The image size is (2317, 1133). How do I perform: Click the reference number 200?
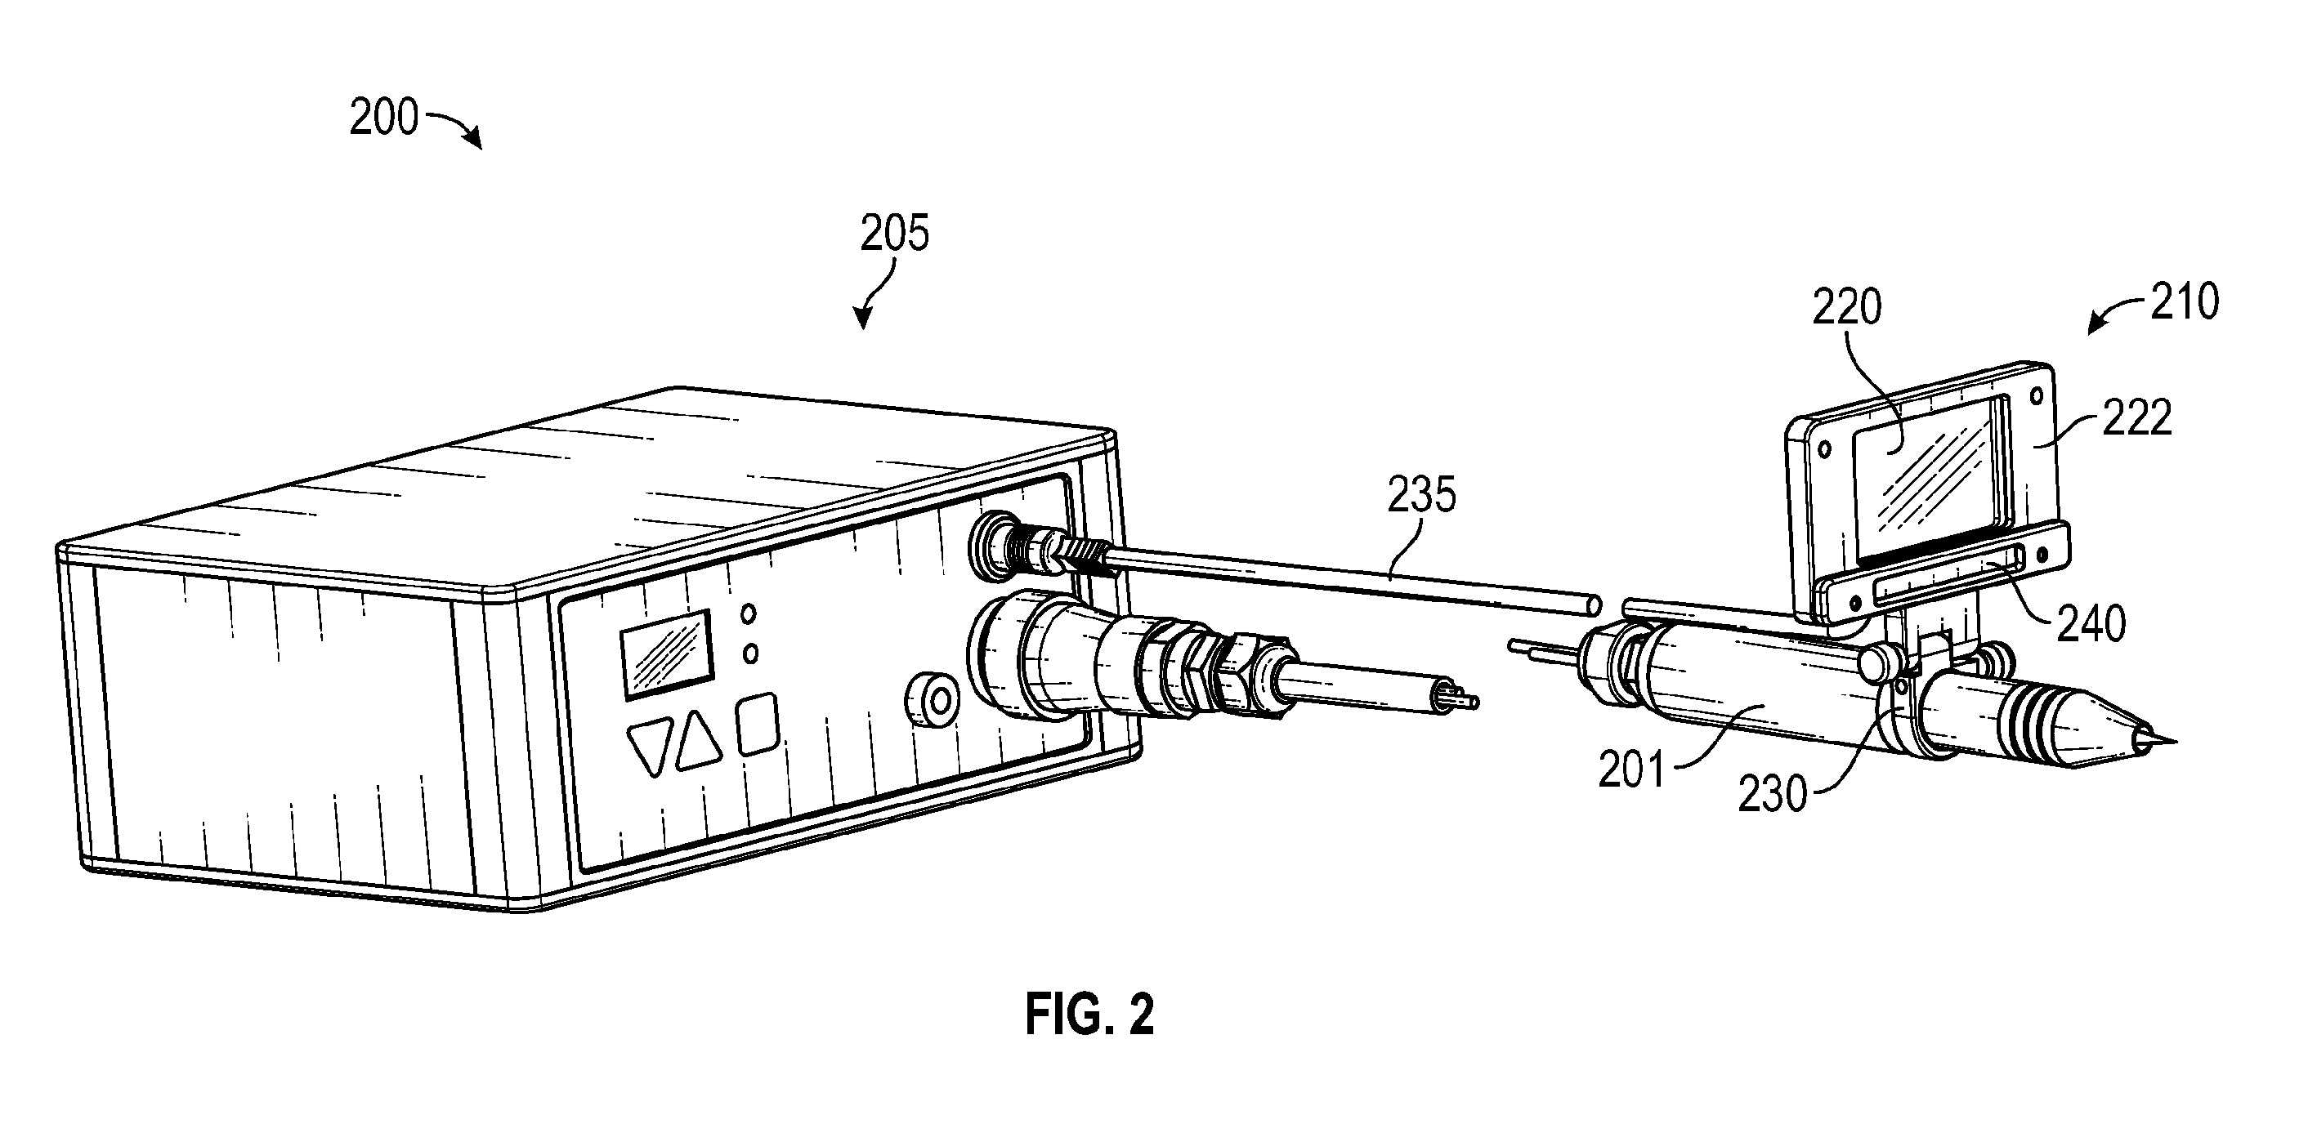384,118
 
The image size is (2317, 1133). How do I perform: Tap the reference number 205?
894,234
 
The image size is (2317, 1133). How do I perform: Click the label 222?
2137,418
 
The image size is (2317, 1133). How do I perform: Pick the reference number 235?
1421,494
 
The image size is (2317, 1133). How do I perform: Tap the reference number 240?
2091,623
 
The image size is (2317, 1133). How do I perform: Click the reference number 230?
1772,795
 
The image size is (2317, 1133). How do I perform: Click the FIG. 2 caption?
1089,1015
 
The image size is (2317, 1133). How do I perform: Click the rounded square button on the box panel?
758,723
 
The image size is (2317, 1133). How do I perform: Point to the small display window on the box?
667,653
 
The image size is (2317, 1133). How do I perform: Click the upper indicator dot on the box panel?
748,614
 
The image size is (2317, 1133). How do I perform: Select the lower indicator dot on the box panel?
750,653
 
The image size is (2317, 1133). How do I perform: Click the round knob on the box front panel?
933,698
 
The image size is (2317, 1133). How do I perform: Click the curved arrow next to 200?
454,127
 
